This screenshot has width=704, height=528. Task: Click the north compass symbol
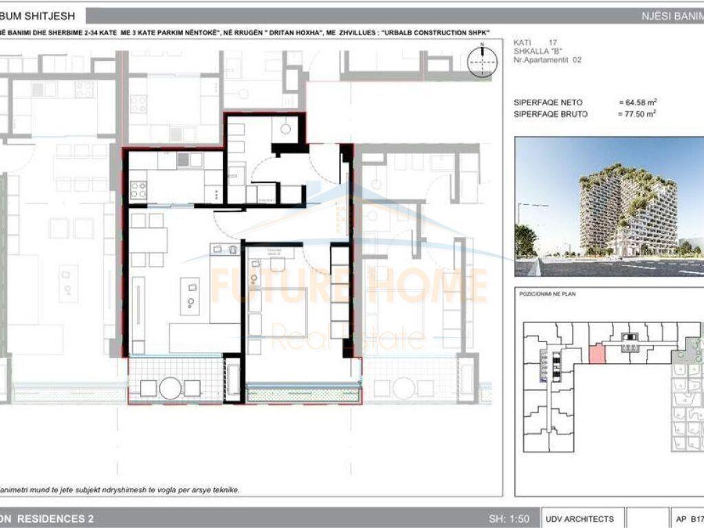pyautogui.click(x=483, y=60)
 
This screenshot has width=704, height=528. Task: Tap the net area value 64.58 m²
pyautogui.click(x=637, y=102)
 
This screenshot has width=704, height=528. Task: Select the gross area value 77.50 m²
pyautogui.click(x=637, y=114)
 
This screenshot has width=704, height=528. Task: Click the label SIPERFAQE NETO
pyautogui.click(x=548, y=102)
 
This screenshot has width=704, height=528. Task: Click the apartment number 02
pyautogui.click(x=577, y=60)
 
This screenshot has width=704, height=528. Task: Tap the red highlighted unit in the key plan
pyautogui.click(x=597, y=354)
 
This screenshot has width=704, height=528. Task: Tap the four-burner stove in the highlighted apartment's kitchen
pyautogui.click(x=138, y=189)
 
